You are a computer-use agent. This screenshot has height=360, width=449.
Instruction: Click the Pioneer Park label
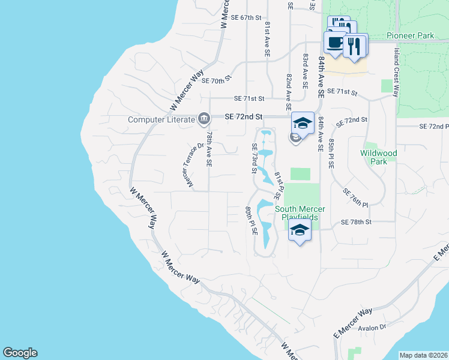coord(410,36)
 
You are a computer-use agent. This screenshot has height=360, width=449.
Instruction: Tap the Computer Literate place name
coord(162,119)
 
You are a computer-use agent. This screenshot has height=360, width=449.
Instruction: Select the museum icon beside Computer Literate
coord(204,119)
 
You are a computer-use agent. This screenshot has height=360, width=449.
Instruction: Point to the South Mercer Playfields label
coord(300,213)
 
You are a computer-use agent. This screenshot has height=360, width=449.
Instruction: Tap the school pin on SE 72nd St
coord(303,124)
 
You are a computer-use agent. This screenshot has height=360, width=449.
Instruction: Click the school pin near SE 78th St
coord(300,230)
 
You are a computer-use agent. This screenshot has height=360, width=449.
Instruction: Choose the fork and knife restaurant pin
coord(355,45)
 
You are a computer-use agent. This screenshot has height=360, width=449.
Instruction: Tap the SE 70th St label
coord(217,80)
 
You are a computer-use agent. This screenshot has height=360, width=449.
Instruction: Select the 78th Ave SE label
coord(208,150)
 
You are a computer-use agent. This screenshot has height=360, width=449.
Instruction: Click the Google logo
coord(20,353)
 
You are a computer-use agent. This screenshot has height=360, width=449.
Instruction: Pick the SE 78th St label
coord(357,222)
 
